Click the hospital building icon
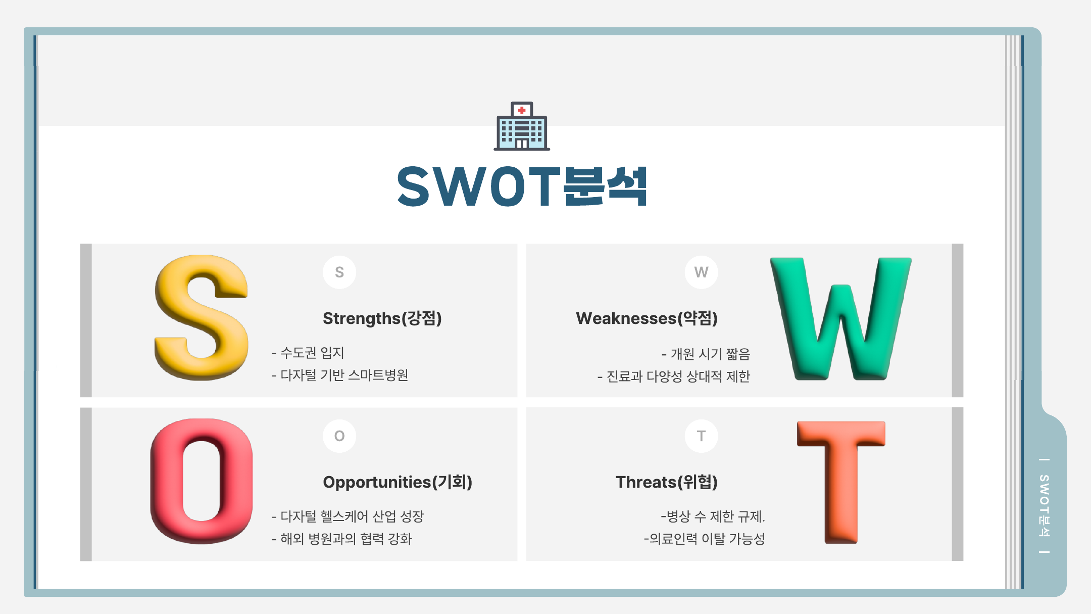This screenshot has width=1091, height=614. [x=522, y=126]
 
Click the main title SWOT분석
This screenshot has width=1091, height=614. [x=522, y=186]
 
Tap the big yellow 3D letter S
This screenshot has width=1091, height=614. [x=202, y=317]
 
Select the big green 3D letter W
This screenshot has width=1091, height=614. [x=840, y=318]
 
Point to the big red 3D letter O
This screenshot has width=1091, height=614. [x=202, y=481]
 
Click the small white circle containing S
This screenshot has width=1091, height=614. [x=339, y=272]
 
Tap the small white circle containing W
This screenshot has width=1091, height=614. [x=701, y=272]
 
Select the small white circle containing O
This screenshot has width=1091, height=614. [x=339, y=436]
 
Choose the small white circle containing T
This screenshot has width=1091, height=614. [x=701, y=436]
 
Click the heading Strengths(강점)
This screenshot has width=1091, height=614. [x=382, y=318]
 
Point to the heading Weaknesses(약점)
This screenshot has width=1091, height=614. [x=647, y=318]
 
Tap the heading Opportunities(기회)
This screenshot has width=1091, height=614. [x=398, y=482]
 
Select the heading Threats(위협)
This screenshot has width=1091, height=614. [x=667, y=482]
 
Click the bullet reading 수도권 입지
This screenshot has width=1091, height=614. [x=308, y=353]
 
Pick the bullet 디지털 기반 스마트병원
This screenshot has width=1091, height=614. [x=339, y=375]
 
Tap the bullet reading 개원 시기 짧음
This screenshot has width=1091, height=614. [x=706, y=354]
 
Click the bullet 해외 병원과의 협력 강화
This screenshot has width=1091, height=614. [x=341, y=539]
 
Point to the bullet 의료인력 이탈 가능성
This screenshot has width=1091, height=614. [x=705, y=539]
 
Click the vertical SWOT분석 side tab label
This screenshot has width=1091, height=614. [x=1045, y=506]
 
